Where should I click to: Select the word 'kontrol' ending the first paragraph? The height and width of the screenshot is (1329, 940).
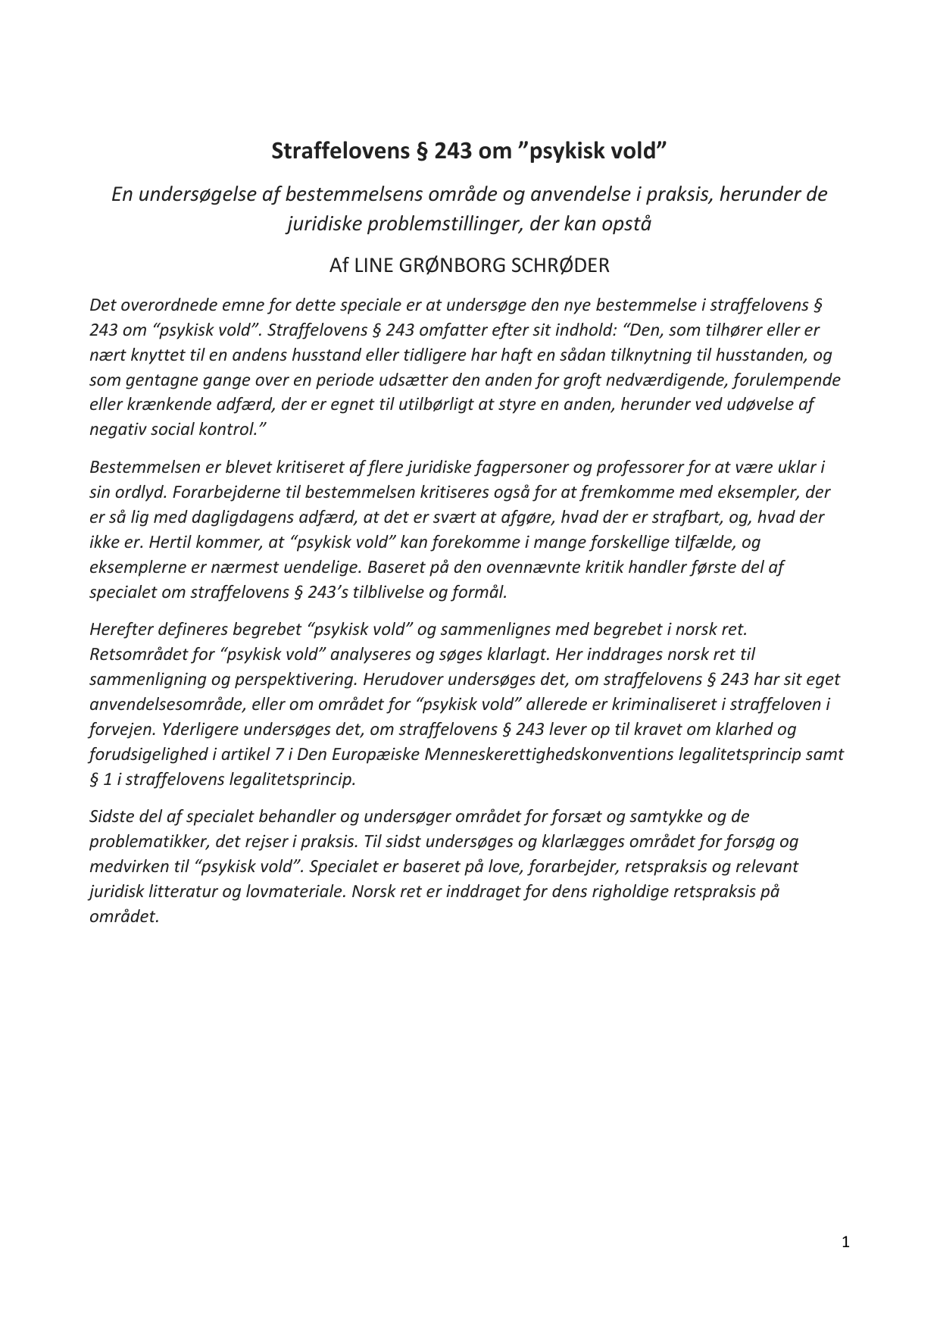pos(237,429)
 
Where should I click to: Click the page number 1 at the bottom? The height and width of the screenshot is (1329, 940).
pos(845,1241)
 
